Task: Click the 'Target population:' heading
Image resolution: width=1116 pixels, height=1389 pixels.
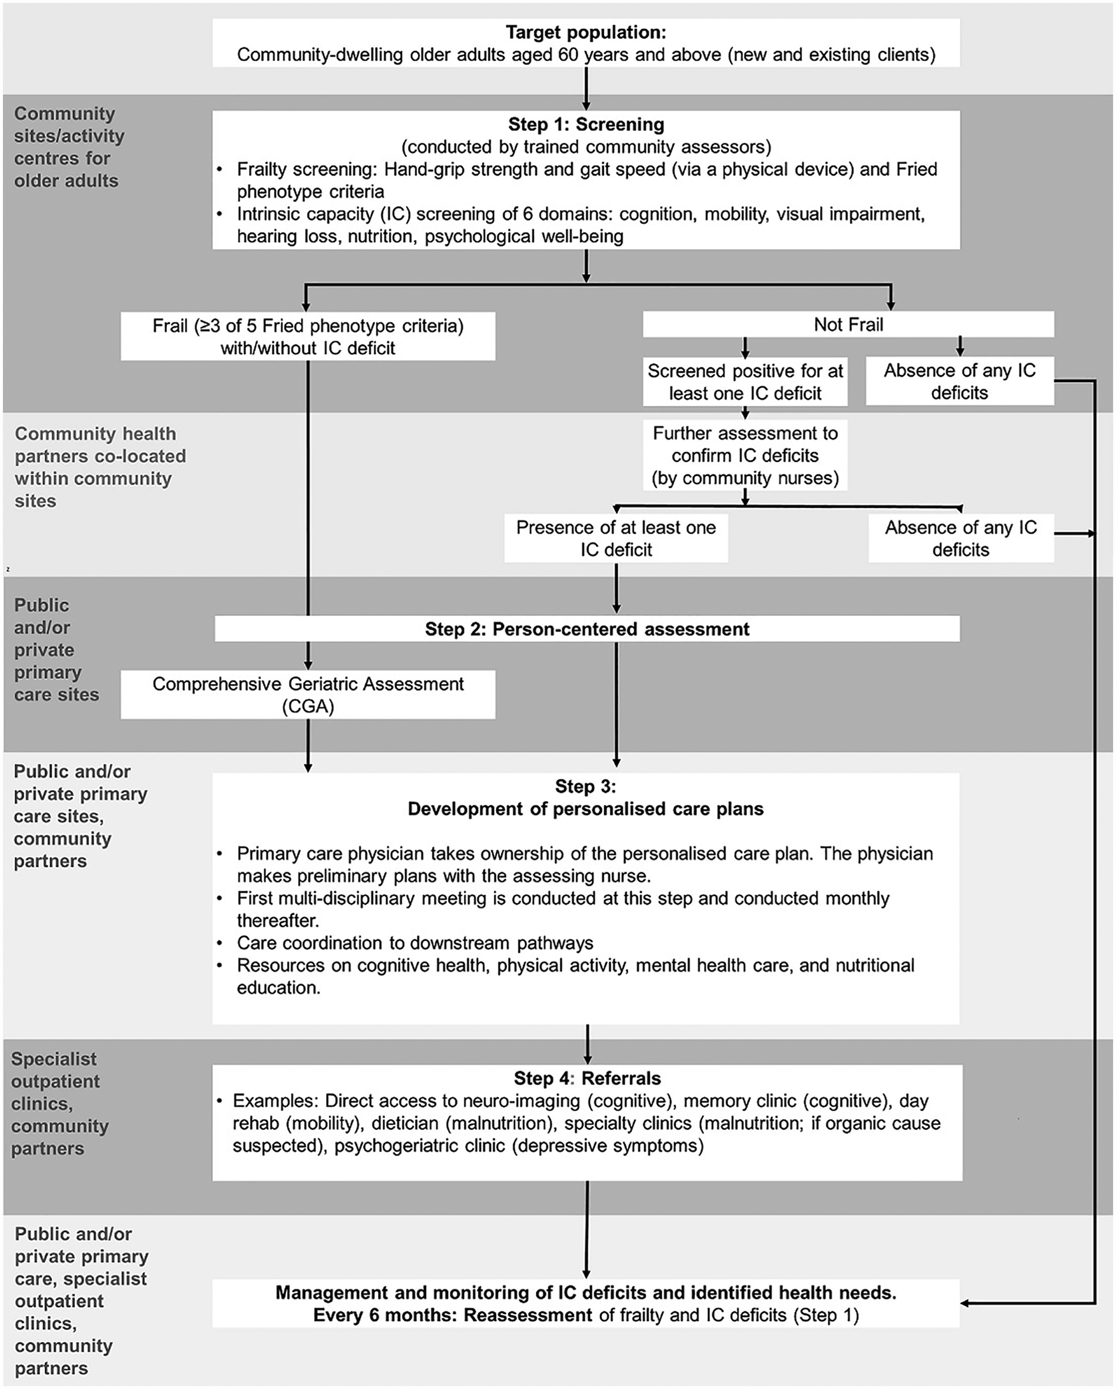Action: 585,32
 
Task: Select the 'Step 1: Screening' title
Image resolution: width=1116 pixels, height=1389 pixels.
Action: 585,124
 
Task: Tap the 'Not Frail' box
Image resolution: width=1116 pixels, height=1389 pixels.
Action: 848,325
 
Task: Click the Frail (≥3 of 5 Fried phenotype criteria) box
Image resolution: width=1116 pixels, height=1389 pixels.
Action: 308,336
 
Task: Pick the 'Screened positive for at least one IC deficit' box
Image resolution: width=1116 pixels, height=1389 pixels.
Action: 745,382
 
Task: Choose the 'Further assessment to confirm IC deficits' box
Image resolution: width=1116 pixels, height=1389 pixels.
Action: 745,455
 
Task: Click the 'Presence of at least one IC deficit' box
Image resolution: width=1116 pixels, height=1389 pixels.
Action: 616,538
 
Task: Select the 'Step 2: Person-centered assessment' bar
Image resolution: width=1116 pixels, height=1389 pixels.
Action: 587,629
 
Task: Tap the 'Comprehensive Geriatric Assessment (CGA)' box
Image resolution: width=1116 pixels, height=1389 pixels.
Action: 308,694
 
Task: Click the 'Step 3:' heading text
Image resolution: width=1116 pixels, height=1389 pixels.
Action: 585,786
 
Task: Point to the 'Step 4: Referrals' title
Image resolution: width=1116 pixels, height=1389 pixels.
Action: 587,1078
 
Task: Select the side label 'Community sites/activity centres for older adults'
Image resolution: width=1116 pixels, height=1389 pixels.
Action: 68,147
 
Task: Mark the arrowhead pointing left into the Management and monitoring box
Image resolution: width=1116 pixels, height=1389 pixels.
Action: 966,1304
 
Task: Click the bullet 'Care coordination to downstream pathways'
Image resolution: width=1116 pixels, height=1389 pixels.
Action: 414,943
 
